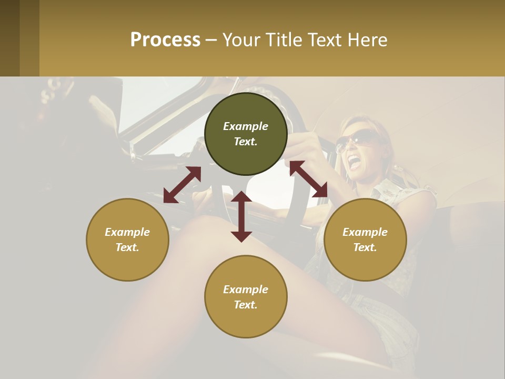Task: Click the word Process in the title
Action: pos(165,40)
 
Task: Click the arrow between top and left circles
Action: pos(182,185)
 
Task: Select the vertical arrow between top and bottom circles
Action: pos(241,216)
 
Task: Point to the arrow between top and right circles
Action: pos(308,179)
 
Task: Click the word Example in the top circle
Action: pos(246,126)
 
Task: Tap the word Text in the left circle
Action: pos(127,247)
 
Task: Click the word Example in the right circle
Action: pos(365,232)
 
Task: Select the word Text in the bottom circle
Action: pos(245,305)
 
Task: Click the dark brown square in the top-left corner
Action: pos(10,38)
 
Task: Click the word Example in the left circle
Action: pos(127,232)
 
